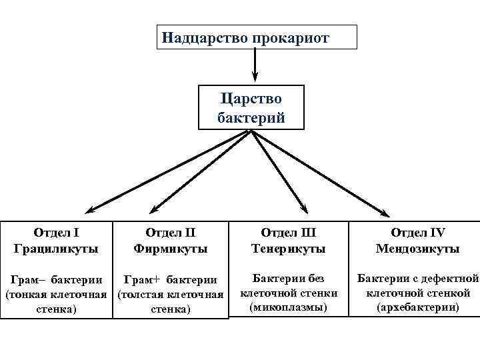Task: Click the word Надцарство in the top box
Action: tap(205, 37)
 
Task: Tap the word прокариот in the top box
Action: tap(290, 37)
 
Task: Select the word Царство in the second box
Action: tap(251, 98)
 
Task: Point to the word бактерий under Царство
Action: tap(251, 118)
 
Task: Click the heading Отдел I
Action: tap(56, 233)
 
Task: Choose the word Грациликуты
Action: tap(56, 249)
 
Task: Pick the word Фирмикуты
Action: tap(170, 249)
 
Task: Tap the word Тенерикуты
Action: tap(288, 249)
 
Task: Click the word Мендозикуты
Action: tap(417, 249)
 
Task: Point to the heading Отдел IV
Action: tap(417, 233)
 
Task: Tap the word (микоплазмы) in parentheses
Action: tap(289, 307)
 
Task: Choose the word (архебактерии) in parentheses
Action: tap(417, 307)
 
